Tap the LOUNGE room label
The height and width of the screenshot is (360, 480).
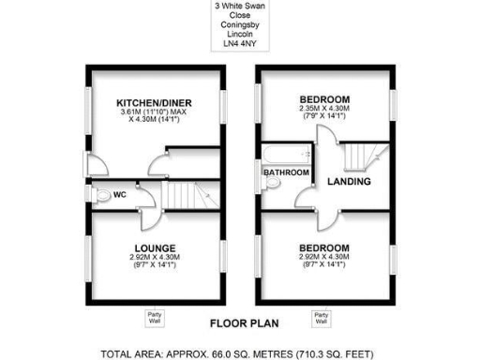point(155,247)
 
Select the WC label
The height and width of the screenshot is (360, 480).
point(120,195)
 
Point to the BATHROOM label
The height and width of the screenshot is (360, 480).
point(286,172)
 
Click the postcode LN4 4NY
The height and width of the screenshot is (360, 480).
point(241,42)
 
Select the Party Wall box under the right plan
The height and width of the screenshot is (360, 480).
point(322,317)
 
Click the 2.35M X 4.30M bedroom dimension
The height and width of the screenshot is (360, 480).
point(324,111)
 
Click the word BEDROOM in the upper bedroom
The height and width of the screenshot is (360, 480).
point(324,99)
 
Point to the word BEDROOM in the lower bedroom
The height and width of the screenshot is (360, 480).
point(324,247)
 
